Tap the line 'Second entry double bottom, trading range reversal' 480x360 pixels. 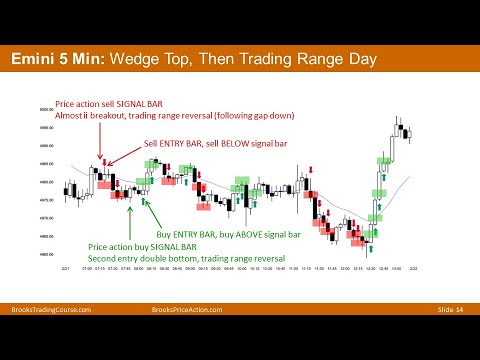[x=187, y=258]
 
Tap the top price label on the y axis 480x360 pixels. [x=46, y=110]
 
